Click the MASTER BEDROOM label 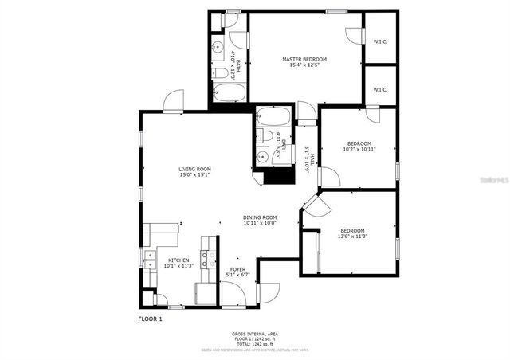[304, 59]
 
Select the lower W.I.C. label [379, 89]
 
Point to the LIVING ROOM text [194, 169]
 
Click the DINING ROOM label [260, 217]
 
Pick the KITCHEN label [178, 260]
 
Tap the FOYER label [237, 269]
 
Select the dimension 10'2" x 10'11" [359, 149]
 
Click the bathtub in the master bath [229, 94]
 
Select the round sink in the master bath [218, 48]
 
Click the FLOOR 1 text [150, 319]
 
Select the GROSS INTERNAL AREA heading [255, 334]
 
